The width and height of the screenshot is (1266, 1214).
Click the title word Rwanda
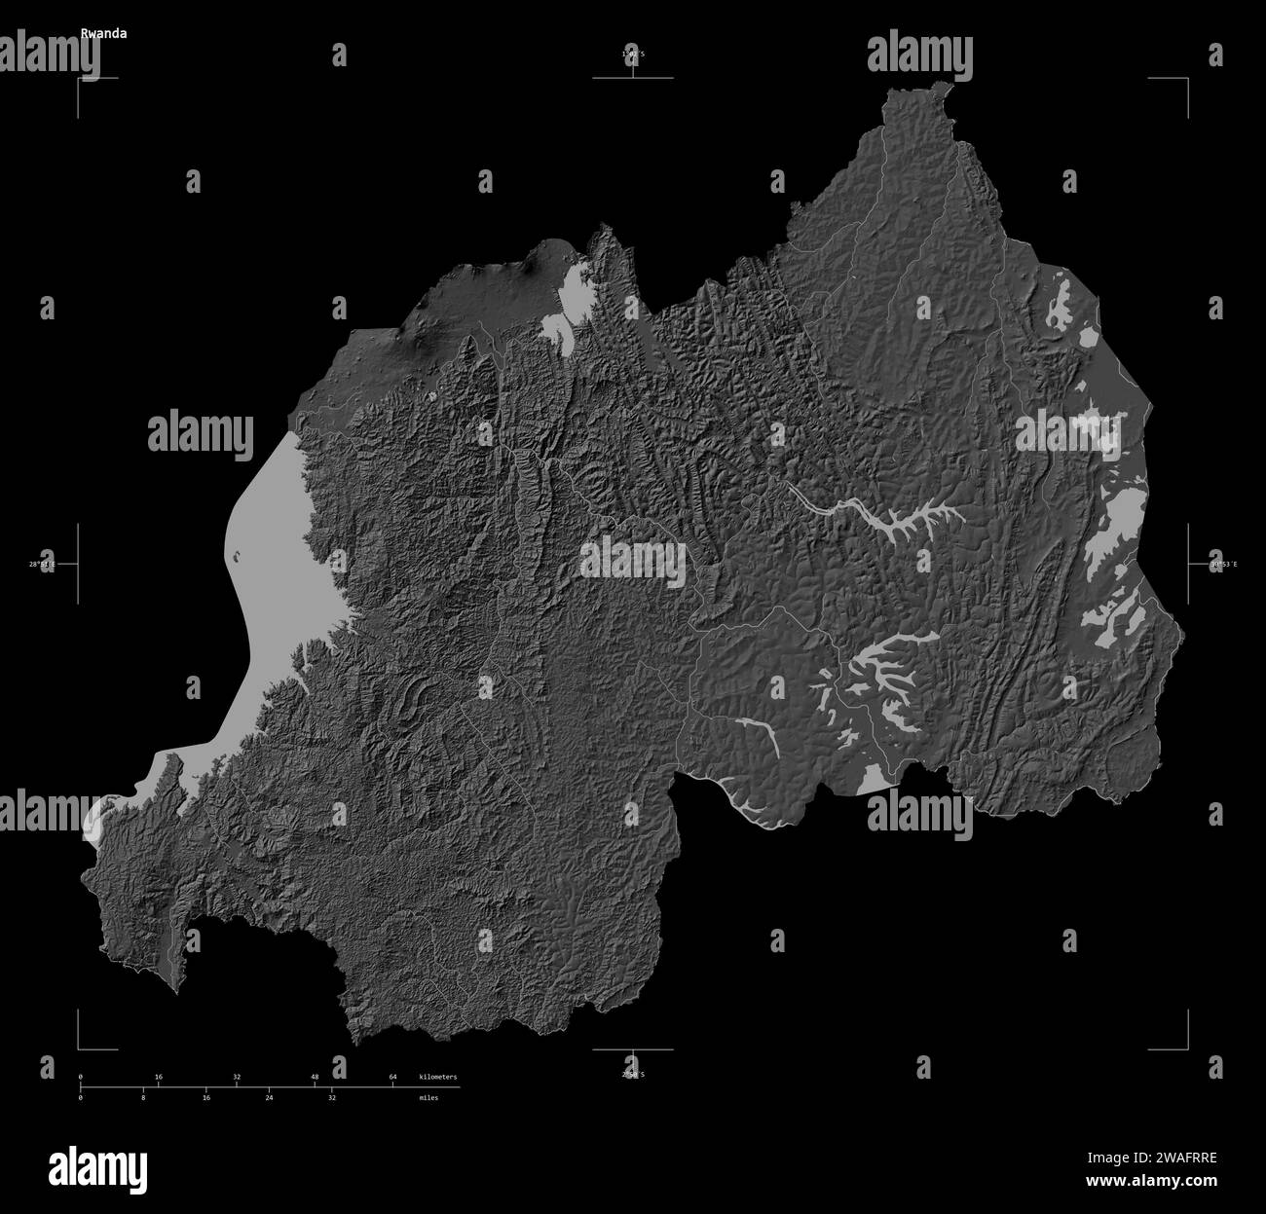[x=103, y=32]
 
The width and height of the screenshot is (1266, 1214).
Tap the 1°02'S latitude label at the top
[x=633, y=55]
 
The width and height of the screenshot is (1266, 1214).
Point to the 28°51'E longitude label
[x=43, y=564]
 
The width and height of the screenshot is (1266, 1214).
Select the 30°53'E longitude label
[x=1223, y=564]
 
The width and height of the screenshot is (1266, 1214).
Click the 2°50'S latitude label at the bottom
[x=633, y=1074]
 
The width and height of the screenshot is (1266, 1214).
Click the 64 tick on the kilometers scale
[x=392, y=1077]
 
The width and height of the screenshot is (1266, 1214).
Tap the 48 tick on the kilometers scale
[x=315, y=1077]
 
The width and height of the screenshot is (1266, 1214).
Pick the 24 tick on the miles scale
[x=269, y=1097]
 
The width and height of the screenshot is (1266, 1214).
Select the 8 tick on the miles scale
[x=143, y=1097]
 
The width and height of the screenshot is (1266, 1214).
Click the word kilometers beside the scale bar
[x=437, y=1077]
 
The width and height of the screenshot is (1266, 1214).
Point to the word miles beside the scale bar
[x=428, y=1097]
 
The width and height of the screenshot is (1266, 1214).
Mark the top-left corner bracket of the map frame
[x=81, y=79]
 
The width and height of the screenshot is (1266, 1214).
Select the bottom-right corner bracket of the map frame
[x=1185, y=1048]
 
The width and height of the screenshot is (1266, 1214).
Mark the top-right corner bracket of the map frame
[x=1185, y=79]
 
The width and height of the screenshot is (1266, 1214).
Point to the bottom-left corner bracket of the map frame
[x=81, y=1048]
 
